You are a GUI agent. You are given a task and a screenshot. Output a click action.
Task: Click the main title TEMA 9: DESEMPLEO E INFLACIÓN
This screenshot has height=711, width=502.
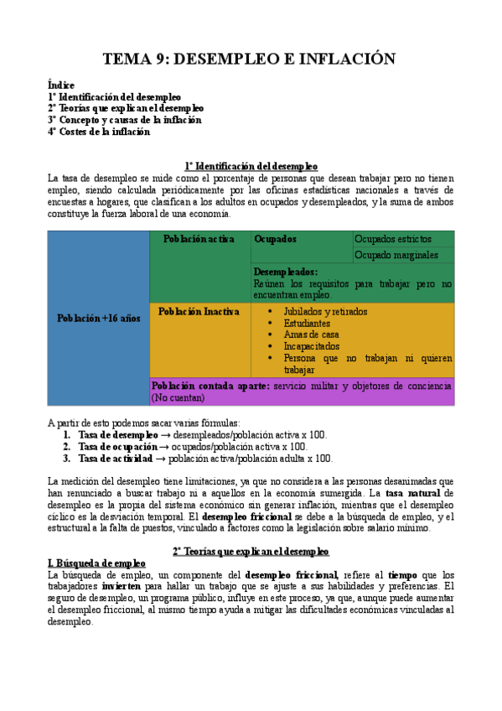coord(248,59)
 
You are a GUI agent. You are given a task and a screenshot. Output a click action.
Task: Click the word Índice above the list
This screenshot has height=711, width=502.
coord(61,85)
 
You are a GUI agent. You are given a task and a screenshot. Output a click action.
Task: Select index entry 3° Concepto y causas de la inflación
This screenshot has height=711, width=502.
coord(125,120)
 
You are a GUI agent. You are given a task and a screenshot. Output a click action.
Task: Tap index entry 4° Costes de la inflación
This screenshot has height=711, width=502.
coord(99,132)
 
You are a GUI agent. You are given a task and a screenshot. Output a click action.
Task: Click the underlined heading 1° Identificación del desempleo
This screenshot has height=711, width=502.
coord(251,165)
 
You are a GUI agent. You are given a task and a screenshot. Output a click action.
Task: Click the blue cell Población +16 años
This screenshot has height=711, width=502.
coord(99,318)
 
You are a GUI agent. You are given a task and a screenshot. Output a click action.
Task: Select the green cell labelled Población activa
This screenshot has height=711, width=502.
coord(199,239)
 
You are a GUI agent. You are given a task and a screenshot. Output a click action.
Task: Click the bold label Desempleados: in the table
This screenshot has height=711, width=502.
coord(286,272)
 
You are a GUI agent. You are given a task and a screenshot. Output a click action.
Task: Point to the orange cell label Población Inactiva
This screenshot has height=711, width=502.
coord(199,311)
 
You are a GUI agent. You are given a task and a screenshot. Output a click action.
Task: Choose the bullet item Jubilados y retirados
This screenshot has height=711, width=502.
coord(325,311)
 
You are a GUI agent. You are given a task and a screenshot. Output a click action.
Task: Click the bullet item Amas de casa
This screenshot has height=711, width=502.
coord(311,335)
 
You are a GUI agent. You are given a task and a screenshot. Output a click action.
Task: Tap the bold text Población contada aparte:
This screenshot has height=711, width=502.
coord(199,386)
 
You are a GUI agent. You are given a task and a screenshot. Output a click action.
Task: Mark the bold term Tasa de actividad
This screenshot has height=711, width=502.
coord(116,459)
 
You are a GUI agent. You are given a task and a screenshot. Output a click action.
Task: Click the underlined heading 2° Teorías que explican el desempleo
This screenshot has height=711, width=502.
coord(251,551)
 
